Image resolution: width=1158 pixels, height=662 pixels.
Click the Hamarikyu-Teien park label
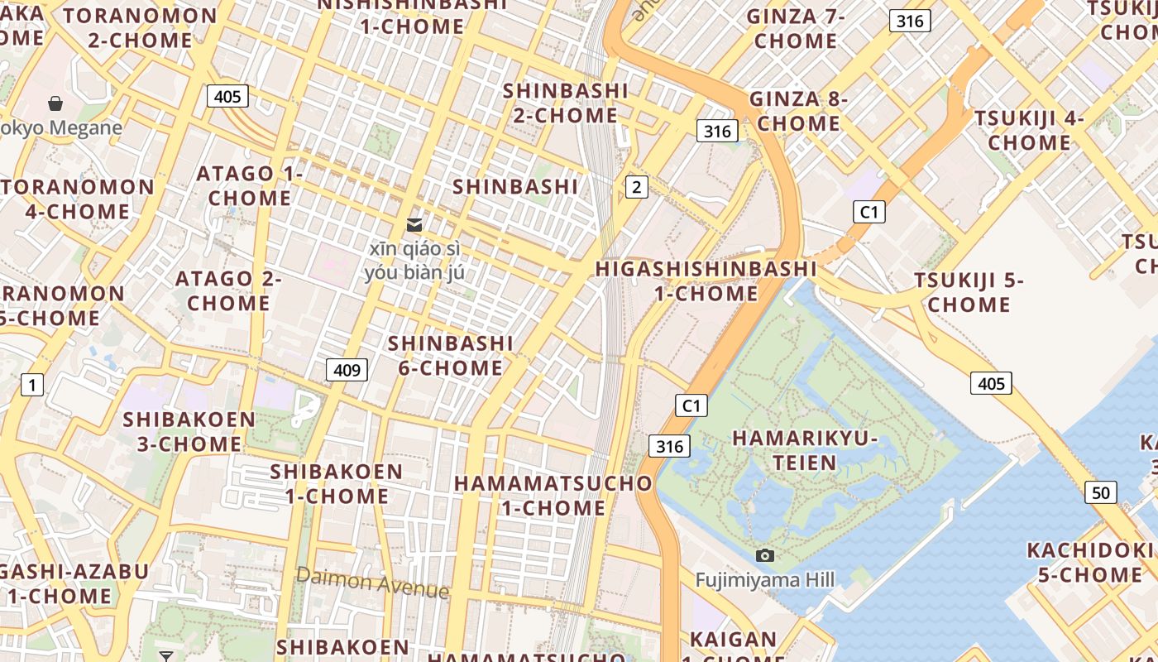[805, 450]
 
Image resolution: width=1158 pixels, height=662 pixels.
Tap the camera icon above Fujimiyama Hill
[765, 555]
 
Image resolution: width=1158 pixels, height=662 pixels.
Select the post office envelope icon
[414, 224]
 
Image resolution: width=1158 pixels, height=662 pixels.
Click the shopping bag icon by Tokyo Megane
[55, 103]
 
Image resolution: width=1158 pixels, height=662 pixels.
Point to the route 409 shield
[347, 369]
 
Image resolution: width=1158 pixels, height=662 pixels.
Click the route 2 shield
[636, 187]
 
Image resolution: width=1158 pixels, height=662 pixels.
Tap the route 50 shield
[1100, 492]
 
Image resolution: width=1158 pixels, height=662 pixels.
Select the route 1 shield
[32, 384]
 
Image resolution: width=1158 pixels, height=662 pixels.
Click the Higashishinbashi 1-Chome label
[706, 281]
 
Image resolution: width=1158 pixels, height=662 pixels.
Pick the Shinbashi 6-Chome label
[451, 355]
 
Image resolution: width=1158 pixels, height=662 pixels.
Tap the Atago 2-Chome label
[228, 290]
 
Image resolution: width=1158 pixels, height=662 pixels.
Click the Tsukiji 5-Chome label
[969, 292]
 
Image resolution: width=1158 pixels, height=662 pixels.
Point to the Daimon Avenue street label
[372, 583]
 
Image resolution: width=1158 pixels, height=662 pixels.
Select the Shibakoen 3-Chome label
[189, 431]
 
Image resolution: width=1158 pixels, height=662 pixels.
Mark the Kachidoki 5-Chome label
[1090, 562]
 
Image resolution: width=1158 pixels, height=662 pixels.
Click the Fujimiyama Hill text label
[765, 579]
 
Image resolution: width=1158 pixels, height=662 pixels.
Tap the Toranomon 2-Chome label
[141, 27]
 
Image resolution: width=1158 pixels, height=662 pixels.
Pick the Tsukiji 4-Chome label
[1029, 130]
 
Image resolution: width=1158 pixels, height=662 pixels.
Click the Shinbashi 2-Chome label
[566, 103]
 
